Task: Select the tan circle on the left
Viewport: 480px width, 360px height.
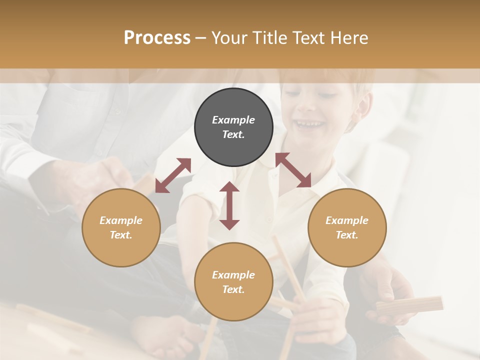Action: click(x=121, y=227)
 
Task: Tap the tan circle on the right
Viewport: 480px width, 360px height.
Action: click(x=347, y=227)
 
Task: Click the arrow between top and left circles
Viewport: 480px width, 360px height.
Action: click(x=173, y=175)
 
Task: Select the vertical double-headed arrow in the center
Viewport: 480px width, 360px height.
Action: click(x=229, y=205)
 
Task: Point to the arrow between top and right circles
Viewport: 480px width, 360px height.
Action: click(x=293, y=170)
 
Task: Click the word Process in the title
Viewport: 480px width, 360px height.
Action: click(x=157, y=37)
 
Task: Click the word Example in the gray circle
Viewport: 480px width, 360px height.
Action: click(x=233, y=120)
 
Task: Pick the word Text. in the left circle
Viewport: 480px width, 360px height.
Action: click(x=121, y=235)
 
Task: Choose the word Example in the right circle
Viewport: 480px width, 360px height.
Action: click(x=347, y=220)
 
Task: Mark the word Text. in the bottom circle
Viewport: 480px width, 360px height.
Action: click(x=233, y=289)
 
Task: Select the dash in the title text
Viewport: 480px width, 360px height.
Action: click(x=201, y=37)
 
